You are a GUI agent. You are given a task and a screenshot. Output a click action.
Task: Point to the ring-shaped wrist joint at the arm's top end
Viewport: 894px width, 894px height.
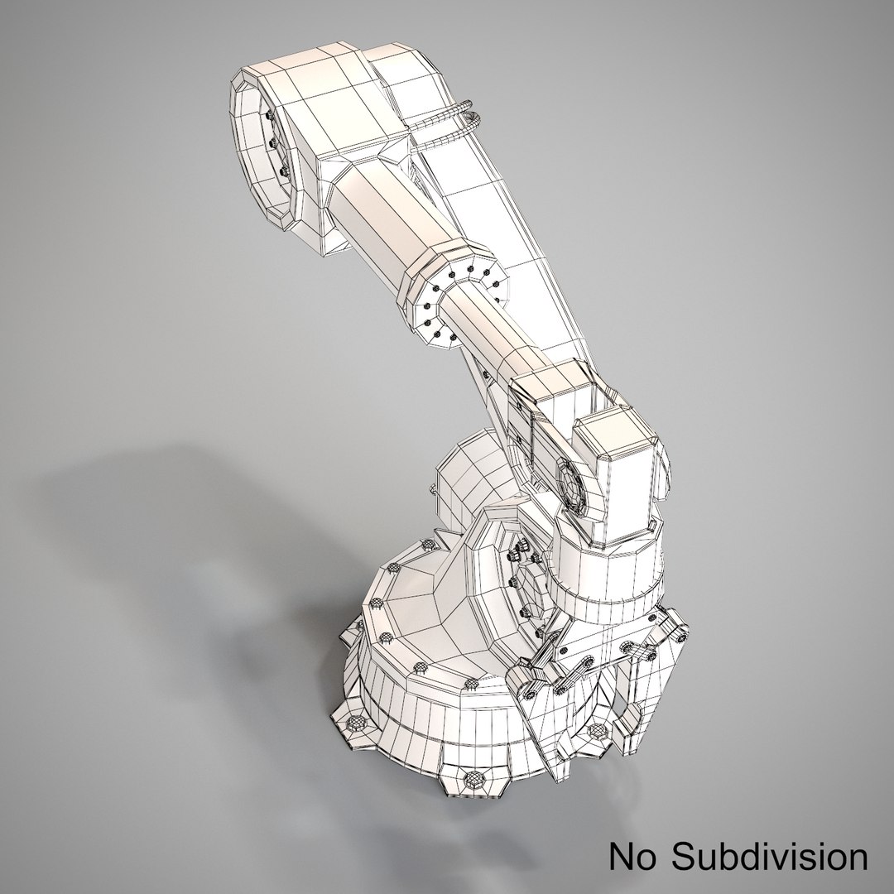[262, 156]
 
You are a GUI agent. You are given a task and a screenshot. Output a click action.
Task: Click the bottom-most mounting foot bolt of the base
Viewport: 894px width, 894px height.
[476, 779]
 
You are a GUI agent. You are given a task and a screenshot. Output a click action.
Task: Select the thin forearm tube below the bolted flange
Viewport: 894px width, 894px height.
[488, 331]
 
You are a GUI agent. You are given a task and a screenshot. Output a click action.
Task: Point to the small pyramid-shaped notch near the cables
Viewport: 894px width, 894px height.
[393, 149]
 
